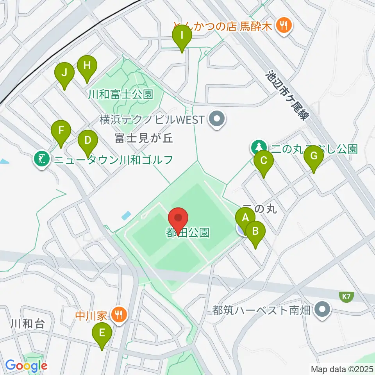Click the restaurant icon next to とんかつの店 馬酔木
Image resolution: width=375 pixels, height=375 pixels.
pos(282,26)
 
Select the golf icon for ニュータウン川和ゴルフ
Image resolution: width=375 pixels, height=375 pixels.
pos(41,159)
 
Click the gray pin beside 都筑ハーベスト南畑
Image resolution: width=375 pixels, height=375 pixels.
pos(322,310)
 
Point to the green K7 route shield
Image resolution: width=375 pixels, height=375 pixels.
pos(346,297)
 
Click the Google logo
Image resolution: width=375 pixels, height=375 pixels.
pos(26,366)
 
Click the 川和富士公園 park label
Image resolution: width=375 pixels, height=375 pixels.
pos(120,94)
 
